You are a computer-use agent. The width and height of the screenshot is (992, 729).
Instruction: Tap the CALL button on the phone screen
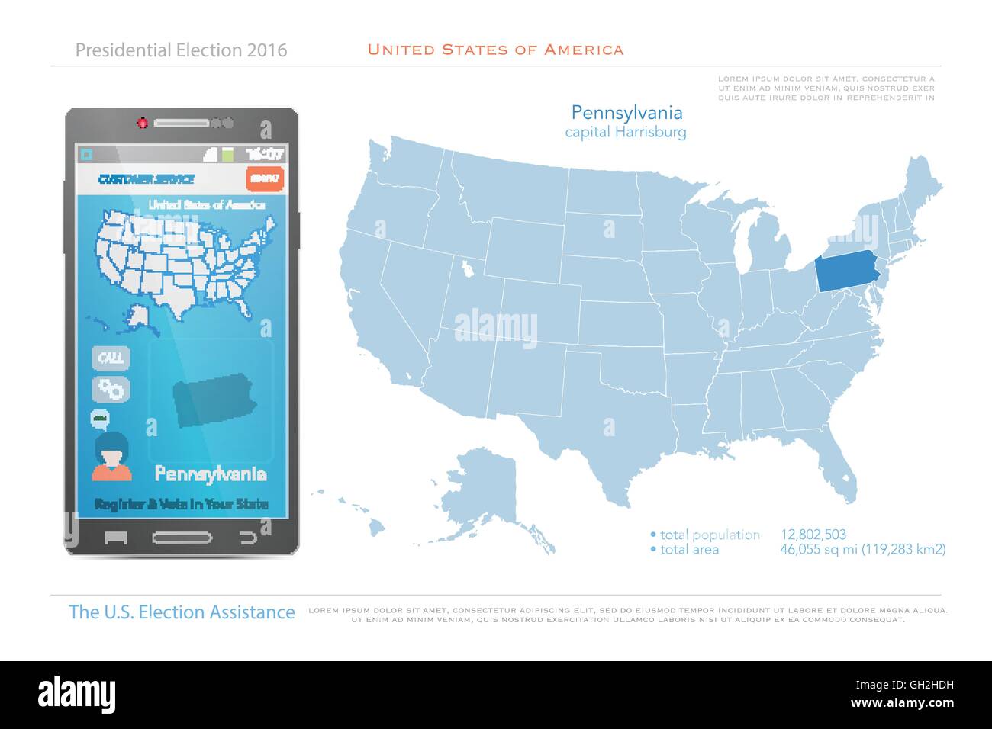[x=111, y=358]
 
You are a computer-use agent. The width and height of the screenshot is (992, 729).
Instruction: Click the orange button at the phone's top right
[x=265, y=178]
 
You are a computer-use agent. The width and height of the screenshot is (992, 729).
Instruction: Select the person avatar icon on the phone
[x=111, y=456]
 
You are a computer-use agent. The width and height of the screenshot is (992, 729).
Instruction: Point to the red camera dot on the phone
[x=141, y=123]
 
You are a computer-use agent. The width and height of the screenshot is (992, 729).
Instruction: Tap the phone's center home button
[x=182, y=537]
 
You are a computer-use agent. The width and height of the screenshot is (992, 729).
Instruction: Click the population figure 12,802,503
[x=813, y=535]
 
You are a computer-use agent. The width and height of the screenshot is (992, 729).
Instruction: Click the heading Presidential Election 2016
[x=181, y=50]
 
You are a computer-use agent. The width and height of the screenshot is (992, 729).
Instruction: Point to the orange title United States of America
[x=495, y=50]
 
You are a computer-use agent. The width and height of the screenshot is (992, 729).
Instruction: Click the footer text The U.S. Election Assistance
[x=182, y=612]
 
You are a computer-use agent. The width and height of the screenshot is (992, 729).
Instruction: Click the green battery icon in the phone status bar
[x=227, y=154]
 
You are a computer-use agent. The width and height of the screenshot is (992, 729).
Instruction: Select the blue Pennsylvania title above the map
[x=626, y=113]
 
